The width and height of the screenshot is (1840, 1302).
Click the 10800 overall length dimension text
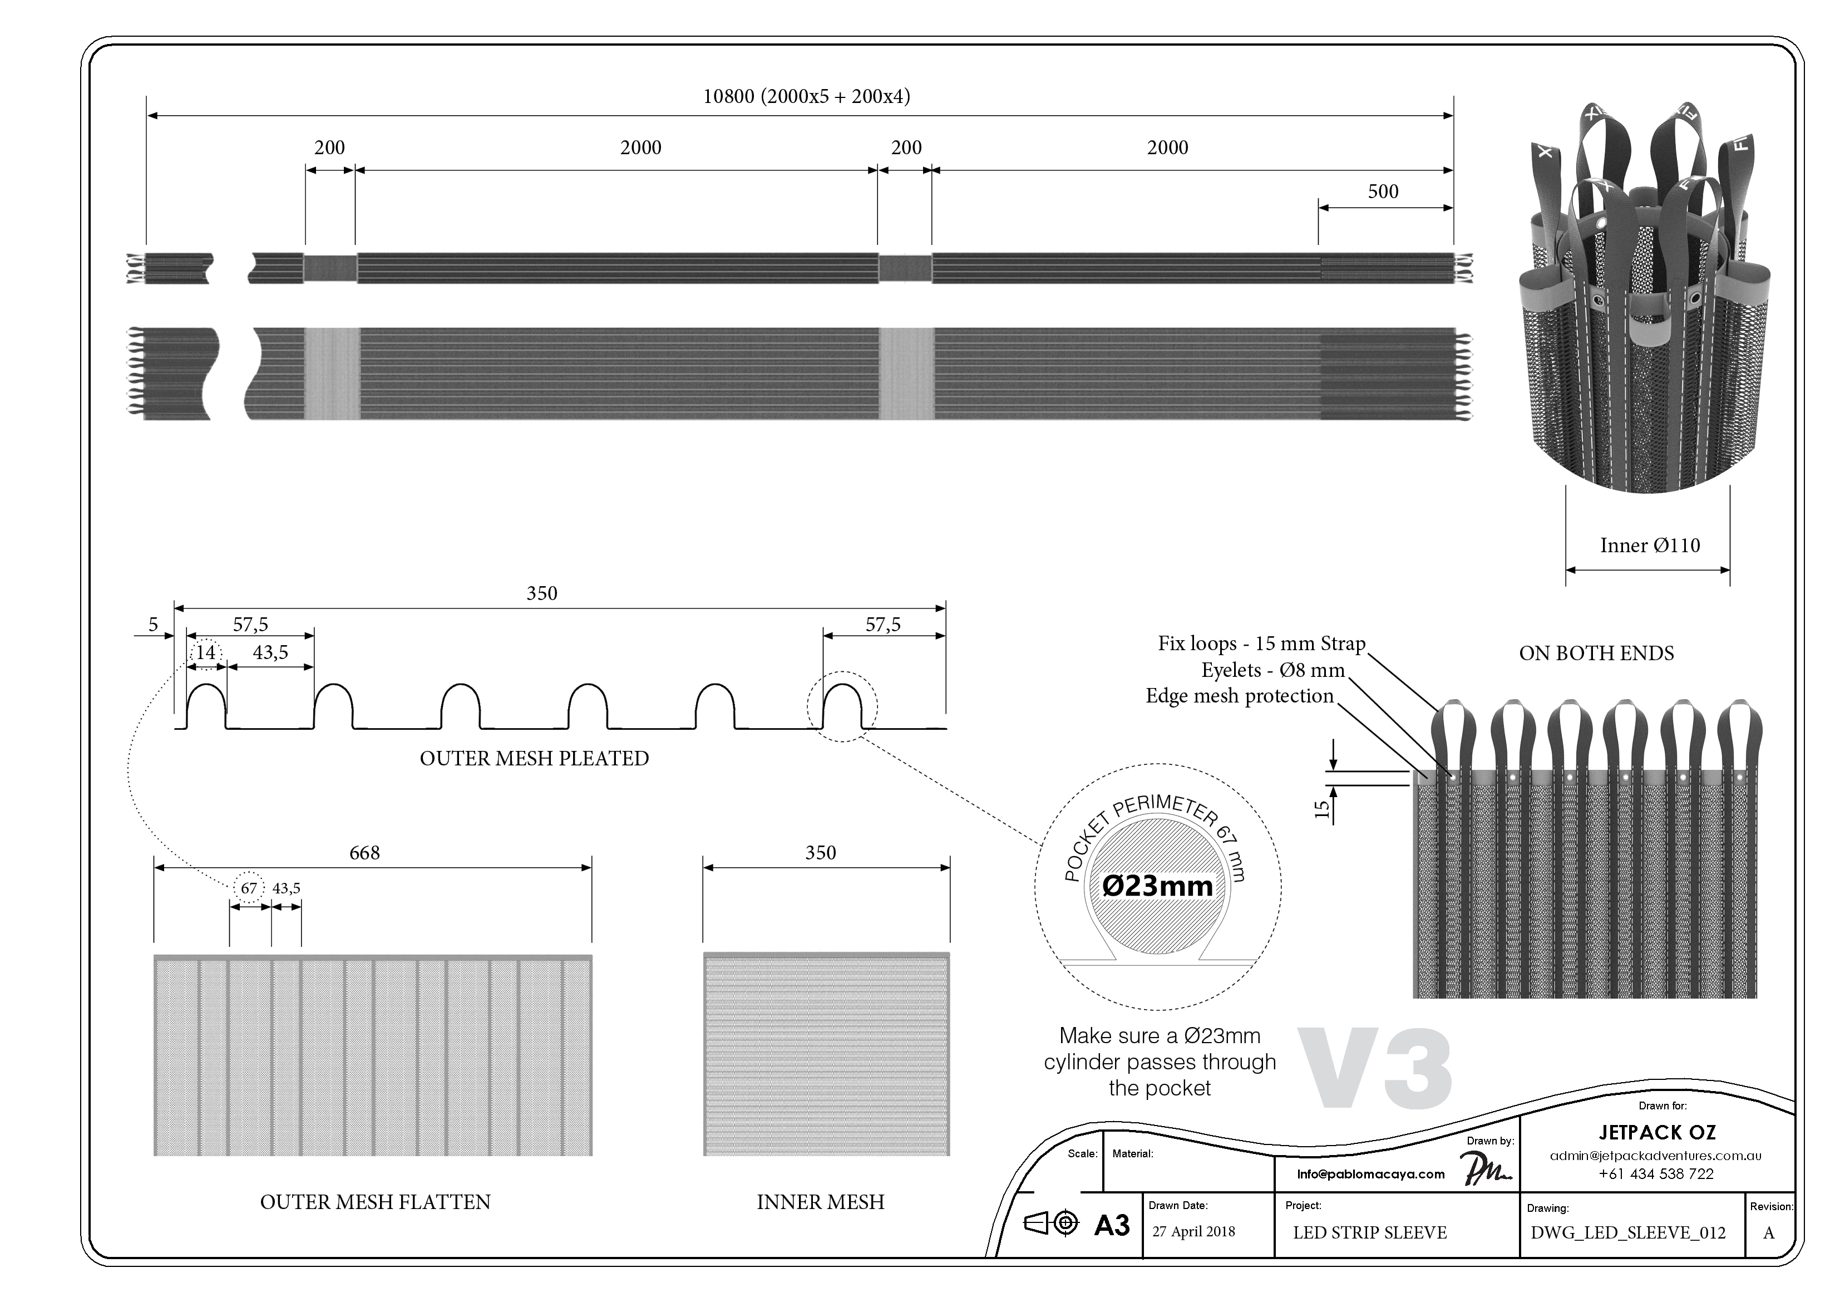tap(806, 97)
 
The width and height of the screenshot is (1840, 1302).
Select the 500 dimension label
tap(1383, 191)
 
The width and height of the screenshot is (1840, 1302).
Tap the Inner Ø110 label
tap(1649, 546)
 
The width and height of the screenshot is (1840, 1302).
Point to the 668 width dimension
tap(364, 853)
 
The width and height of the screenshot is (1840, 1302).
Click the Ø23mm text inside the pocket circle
tap(1157, 886)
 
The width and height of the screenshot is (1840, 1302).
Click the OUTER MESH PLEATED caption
tap(534, 758)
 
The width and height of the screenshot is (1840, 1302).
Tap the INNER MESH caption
tap(820, 1202)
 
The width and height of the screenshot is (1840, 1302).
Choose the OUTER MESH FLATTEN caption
tap(375, 1202)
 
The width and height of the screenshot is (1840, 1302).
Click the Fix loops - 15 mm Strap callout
tap(1261, 644)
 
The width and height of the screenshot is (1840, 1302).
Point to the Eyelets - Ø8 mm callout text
tap(1272, 670)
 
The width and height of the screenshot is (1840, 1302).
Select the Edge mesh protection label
tap(1239, 696)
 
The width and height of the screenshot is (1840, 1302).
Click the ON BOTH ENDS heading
tap(1596, 654)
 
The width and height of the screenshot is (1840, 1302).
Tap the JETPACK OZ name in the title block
tap(1656, 1132)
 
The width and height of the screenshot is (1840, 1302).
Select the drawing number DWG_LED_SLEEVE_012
tap(1627, 1233)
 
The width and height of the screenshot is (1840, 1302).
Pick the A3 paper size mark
tap(1112, 1226)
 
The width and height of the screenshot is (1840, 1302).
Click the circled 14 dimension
tap(206, 652)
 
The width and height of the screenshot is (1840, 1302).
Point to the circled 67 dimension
tap(249, 888)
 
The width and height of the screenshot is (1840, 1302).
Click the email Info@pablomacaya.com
tap(1370, 1174)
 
